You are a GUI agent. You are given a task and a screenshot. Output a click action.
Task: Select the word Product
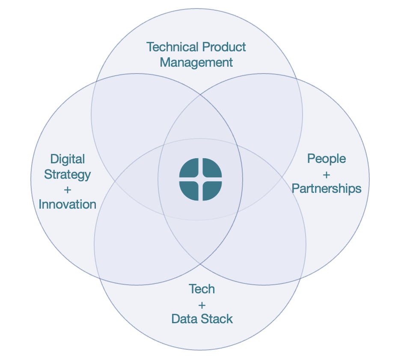tap(224, 47)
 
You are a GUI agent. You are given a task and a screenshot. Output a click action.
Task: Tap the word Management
tap(196, 62)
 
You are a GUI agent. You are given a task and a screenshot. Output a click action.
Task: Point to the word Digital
tap(68, 159)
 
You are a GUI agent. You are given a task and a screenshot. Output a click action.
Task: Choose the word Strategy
tap(68, 175)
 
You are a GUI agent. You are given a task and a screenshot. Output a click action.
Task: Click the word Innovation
tap(68, 204)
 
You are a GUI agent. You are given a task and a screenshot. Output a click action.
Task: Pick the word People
tap(327, 159)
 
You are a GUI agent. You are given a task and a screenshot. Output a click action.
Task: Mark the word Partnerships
tap(327, 189)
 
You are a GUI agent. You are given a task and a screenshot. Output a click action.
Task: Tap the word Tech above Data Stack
tap(202, 289)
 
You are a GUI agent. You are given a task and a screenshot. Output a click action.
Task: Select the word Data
tap(184, 319)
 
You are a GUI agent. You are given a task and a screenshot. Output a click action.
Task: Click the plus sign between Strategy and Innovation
tap(68, 189)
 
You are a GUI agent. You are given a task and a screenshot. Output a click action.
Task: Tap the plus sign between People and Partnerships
tap(327, 174)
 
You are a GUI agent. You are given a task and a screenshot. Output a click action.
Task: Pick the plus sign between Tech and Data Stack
tap(202, 305)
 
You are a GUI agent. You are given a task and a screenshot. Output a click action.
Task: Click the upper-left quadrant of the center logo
tap(189, 168)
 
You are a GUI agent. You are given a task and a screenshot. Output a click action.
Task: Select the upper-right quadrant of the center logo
tap(211, 168)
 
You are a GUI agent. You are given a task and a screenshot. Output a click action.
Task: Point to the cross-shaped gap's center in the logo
tap(200, 179)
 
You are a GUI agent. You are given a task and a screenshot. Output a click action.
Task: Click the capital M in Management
tap(165, 62)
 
